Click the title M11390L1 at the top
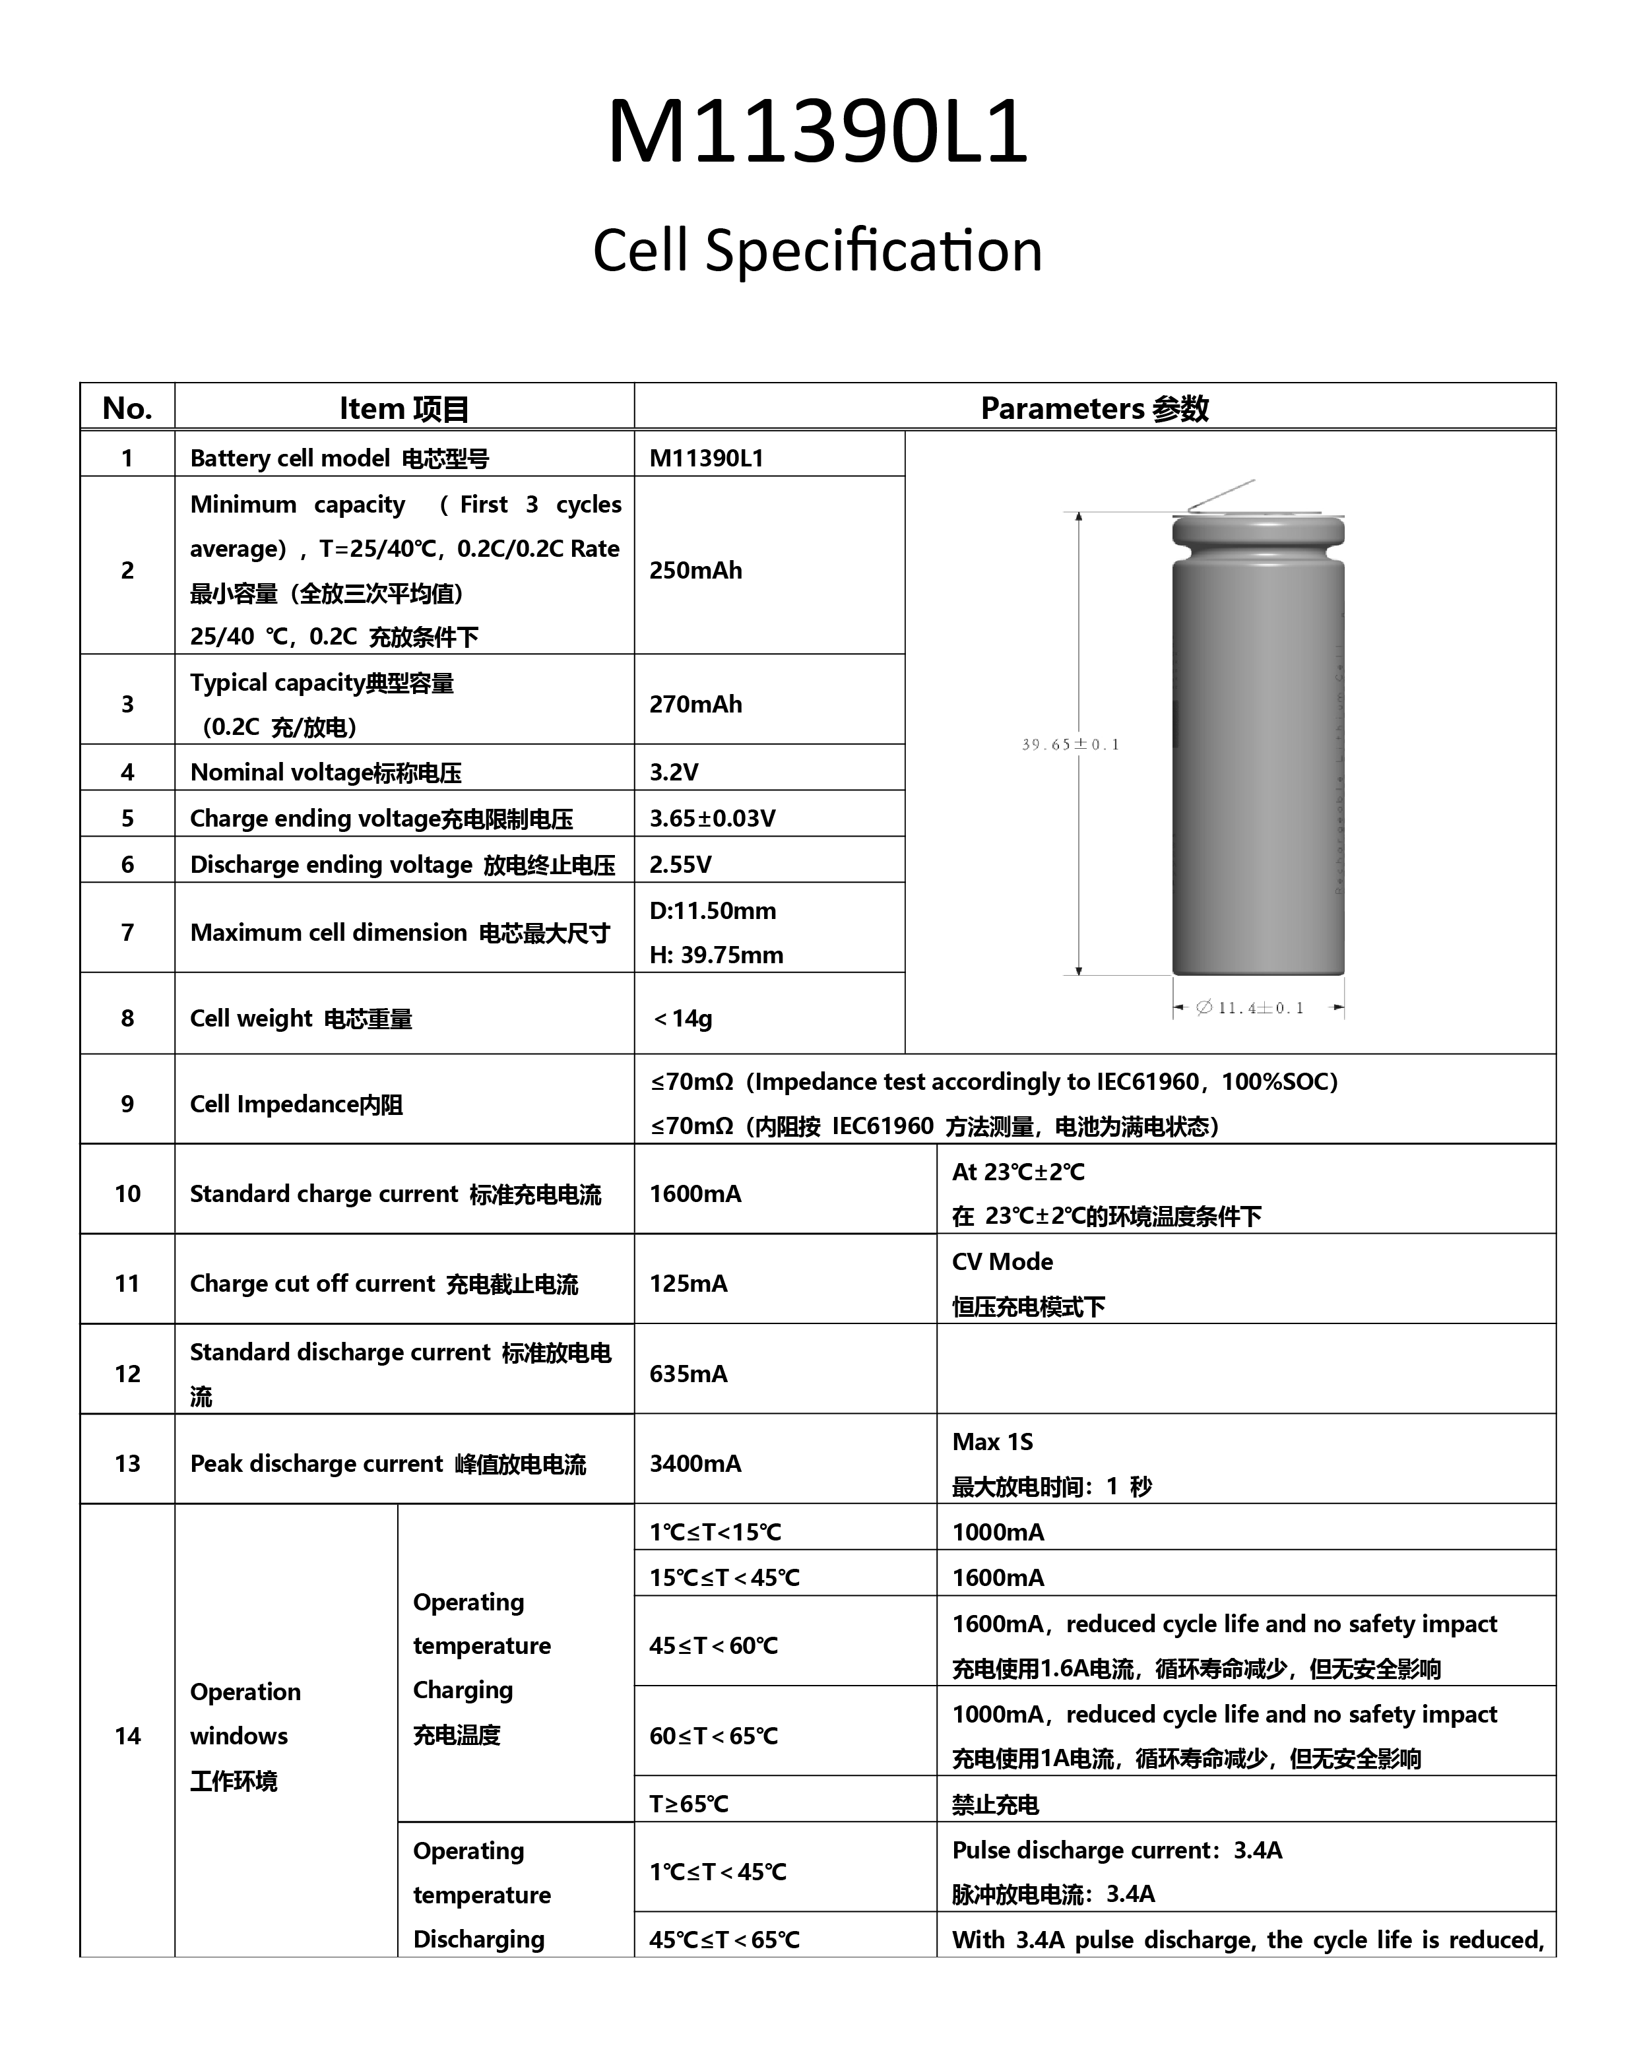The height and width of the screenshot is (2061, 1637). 817,132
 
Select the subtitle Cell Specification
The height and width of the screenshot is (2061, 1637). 817,251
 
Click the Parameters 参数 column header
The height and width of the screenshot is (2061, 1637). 1094,408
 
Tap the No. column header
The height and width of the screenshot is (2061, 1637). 127,408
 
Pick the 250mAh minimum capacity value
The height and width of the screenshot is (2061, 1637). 695,570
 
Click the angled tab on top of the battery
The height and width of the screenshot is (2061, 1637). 1220,495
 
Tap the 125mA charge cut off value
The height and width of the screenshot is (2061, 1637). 688,1283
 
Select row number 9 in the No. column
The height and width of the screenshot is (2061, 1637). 127,1104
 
